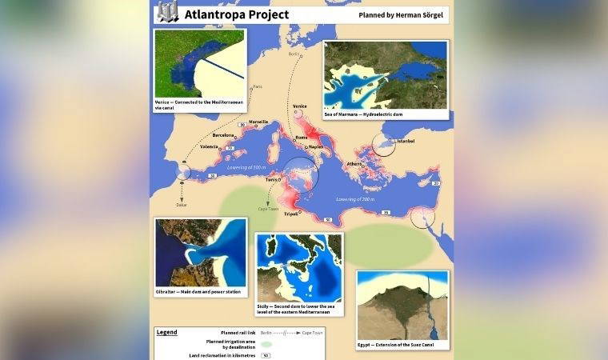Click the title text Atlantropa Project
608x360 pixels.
click(x=237, y=14)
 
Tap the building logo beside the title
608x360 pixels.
click(x=166, y=12)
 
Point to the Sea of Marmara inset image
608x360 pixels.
click(x=385, y=75)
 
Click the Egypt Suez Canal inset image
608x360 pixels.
click(x=402, y=305)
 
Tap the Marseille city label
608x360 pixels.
click(x=258, y=122)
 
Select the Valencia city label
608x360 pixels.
click(x=209, y=147)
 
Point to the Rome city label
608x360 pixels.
click(x=302, y=138)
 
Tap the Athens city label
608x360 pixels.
click(x=354, y=164)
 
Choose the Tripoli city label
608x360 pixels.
click(x=290, y=214)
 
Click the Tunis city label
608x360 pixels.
click(x=271, y=180)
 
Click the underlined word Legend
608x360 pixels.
click(x=166, y=331)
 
